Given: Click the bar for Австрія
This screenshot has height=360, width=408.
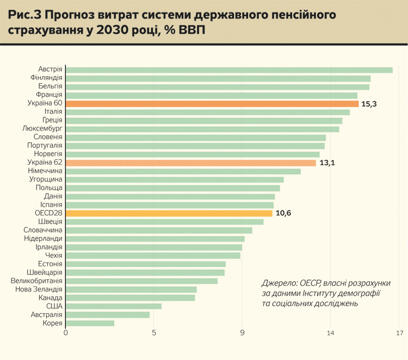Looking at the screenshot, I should [x=228, y=70].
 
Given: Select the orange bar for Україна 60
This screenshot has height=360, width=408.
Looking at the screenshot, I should [x=212, y=103].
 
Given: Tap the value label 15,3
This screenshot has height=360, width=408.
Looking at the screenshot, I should [x=369, y=103].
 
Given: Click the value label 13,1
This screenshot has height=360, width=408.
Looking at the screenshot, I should [x=327, y=163].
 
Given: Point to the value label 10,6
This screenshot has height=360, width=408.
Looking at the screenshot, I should [x=283, y=213].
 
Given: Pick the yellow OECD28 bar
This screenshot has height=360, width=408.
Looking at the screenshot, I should [x=169, y=213].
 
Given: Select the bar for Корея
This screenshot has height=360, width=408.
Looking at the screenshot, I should [x=90, y=323].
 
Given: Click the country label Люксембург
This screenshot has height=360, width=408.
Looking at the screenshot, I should [x=43, y=129].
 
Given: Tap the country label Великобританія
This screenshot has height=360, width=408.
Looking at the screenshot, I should [x=36, y=281].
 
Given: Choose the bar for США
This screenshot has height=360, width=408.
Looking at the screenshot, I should [x=113, y=306].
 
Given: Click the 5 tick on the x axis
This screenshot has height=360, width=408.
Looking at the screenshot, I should [x=154, y=333].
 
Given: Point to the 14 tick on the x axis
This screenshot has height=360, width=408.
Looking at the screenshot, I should [x=330, y=333].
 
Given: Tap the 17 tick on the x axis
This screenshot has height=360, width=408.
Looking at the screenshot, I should [x=400, y=333].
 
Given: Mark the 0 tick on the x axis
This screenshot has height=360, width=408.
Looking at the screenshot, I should [x=66, y=333].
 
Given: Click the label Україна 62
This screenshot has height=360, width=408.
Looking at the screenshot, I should [x=45, y=163].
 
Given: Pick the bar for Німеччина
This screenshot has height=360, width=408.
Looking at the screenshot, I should [x=183, y=171].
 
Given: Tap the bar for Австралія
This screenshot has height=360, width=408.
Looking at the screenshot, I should [x=107, y=314].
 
